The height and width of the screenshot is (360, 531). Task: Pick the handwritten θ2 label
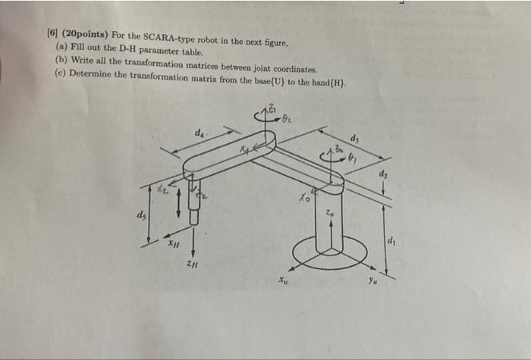(x=286, y=119)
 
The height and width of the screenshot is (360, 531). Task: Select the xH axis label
(x=174, y=244)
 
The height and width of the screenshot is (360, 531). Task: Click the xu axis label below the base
(x=282, y=280)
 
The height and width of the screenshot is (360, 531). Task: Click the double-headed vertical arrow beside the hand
(x=178, y=202)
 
